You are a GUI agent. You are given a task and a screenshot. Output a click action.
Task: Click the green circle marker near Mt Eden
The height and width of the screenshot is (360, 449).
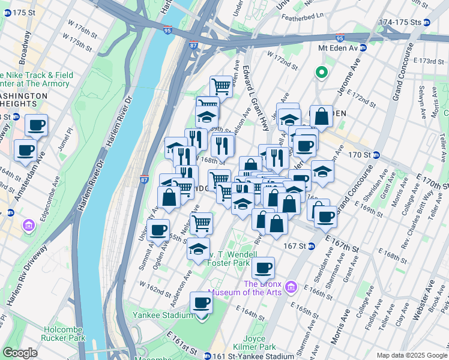click(x=321, y=73)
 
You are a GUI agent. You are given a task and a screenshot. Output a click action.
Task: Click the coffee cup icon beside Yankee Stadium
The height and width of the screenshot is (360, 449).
click(x=202, y=303)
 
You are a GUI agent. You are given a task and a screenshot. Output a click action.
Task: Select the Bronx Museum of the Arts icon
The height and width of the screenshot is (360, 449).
click(x=292, y=288)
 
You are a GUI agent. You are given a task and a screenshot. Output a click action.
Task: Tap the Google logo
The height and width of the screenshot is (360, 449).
click(x=20, y=353)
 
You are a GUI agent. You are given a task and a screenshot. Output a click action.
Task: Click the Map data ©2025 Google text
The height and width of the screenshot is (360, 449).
click(x=411, y=355)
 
